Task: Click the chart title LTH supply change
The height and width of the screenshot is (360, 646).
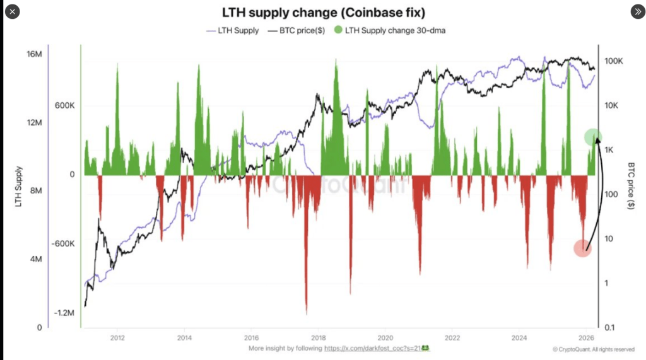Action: (x=323, y=13)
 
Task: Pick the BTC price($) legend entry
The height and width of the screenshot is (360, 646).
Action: (x=296, y=30)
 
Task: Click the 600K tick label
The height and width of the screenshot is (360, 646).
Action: (x=65, y=106)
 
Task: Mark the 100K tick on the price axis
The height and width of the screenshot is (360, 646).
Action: (x=614, y=61)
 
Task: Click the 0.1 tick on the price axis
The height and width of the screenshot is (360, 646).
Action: (x=609, y=327)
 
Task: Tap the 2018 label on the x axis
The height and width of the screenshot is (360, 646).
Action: (x=319, y=336)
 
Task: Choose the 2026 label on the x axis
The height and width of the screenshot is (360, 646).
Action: (x=586, y=336)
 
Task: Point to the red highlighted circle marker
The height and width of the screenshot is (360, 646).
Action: (x=582, y=248)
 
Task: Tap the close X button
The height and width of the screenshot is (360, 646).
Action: (x=15, y=12)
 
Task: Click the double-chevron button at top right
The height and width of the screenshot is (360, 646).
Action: (x=637, y=12)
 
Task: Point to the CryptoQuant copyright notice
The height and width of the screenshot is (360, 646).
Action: (x=592, y=349)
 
